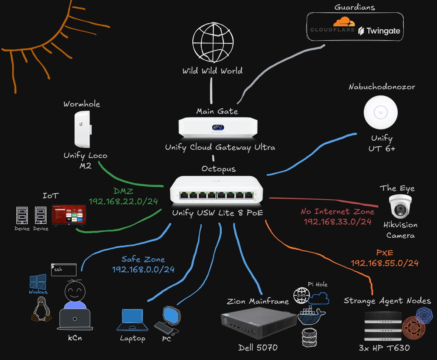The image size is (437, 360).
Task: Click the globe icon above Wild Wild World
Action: (213, 42)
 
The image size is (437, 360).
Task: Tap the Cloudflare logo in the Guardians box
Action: (333, 25)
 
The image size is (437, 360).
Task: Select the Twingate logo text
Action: (380, 31)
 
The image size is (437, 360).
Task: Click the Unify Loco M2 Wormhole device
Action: (82, 129)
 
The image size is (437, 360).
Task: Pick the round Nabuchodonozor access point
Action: (380, 113)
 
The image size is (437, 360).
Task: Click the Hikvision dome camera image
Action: (400, 206)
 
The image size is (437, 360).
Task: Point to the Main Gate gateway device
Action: (218, 127)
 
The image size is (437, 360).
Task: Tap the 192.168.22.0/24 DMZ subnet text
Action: (123, 201)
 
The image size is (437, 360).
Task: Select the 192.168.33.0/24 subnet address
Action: (338, 221)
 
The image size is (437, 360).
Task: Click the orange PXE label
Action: (385, 253)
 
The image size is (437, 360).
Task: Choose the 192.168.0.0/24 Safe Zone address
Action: (143, 269)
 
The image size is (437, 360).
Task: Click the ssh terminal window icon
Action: (64, 270)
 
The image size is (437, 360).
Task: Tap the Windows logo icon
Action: (38, 282)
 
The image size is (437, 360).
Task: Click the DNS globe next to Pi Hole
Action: (301, 295)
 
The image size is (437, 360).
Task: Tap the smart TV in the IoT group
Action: (69, 215)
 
